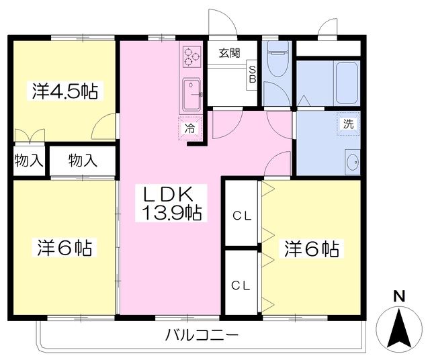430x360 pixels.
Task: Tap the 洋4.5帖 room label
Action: click(64, 91)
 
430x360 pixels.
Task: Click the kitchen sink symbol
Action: click(191, 93)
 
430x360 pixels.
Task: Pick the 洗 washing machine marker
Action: click(348, 124)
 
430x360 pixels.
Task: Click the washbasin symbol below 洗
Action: click(352, 162)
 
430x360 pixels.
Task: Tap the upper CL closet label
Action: click(241, 216)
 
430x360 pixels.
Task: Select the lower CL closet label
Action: click(241, 285)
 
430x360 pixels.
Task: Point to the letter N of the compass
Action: click(398, 296)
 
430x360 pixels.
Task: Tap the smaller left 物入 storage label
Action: click(29, 161)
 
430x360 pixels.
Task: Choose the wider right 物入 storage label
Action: click(83, 161)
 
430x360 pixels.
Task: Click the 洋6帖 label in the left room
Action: click(64, 246)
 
